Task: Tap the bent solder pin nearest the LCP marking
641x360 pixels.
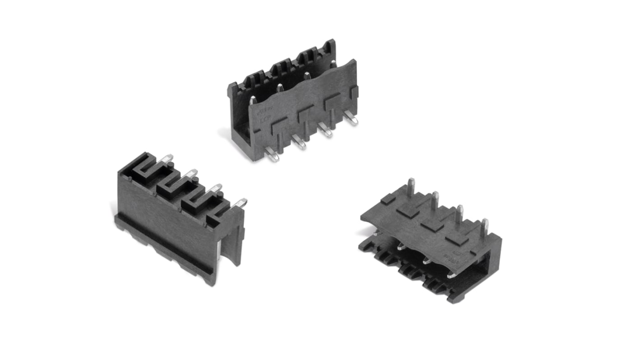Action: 272,155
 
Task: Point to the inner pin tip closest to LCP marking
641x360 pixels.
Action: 253,99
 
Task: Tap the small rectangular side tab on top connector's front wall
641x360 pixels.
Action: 354,92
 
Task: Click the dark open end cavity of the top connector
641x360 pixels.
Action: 240,131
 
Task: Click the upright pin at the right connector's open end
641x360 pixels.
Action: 484,228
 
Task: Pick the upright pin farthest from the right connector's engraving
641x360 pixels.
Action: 410,187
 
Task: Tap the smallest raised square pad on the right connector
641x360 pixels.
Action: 388,199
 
